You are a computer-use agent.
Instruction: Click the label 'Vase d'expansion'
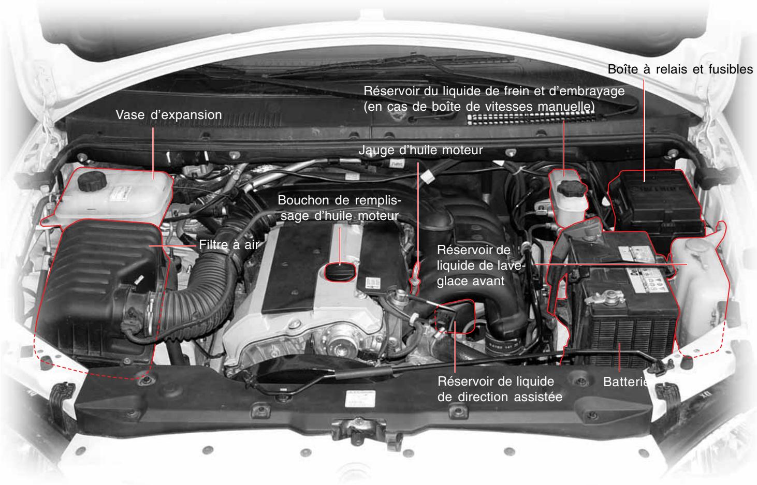click(168, 115)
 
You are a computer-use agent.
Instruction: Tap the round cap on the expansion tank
click(92, 182)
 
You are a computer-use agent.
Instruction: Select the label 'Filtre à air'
click(228, 245)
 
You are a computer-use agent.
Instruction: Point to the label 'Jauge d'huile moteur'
click(420, 151)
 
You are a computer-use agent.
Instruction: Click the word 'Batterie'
click(625, 383)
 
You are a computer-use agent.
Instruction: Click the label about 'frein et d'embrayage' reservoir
click(494, 98)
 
